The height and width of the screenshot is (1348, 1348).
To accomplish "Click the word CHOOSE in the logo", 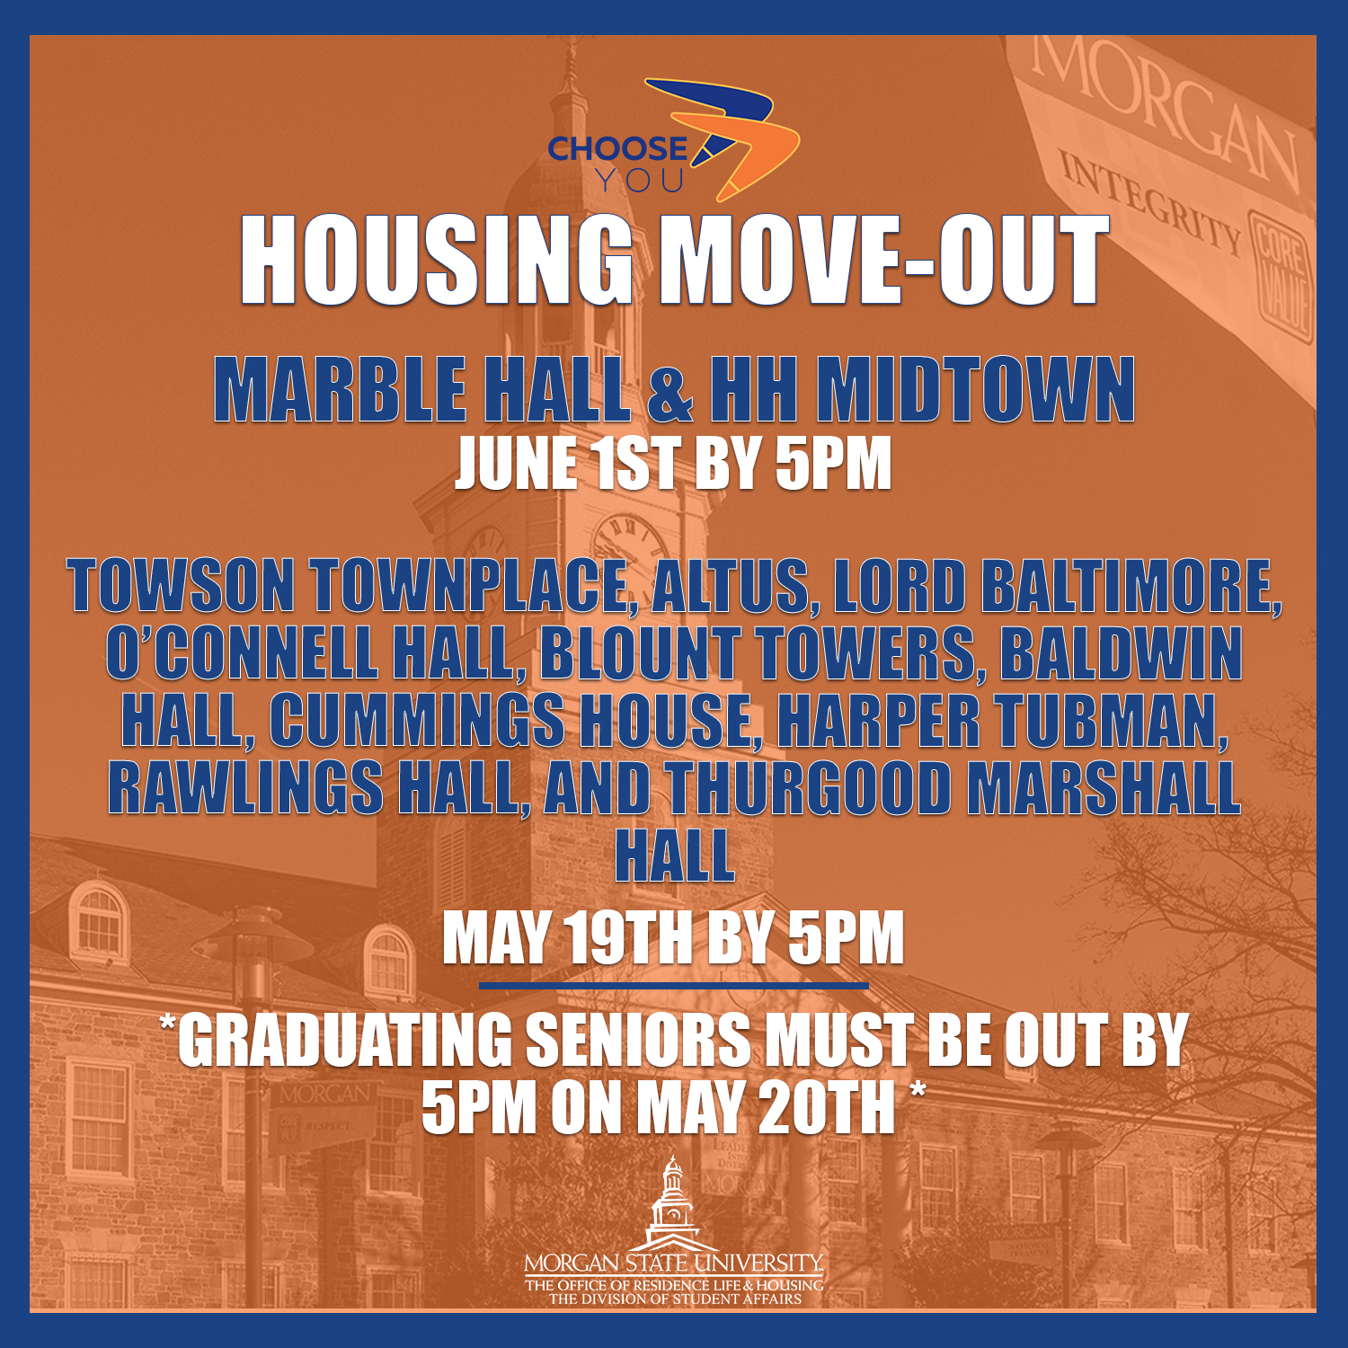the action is click(617, 148).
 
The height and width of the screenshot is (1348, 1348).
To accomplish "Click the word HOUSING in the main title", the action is click(436, 261).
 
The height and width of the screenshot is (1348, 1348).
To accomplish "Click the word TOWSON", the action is click(181, 586).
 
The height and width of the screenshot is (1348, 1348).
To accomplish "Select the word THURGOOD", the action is click(809, 788).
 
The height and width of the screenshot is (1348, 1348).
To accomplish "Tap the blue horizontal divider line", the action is click(674, 986).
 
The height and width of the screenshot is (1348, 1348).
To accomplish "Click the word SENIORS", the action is click(637, 1040).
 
